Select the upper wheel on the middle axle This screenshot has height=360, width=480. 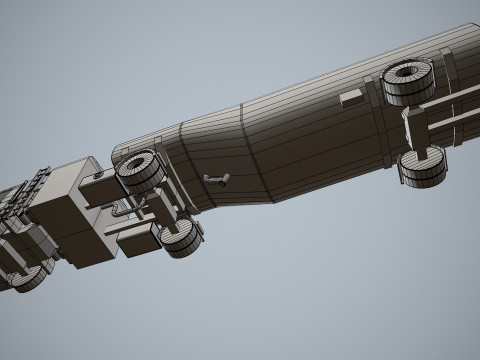pos(140,172)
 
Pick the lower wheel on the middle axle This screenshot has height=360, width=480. pos(182,240)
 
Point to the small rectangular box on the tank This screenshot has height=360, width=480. pos(353,97)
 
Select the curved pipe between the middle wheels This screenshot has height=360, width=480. pos(120,209)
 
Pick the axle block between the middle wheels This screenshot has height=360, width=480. pos(162,206)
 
